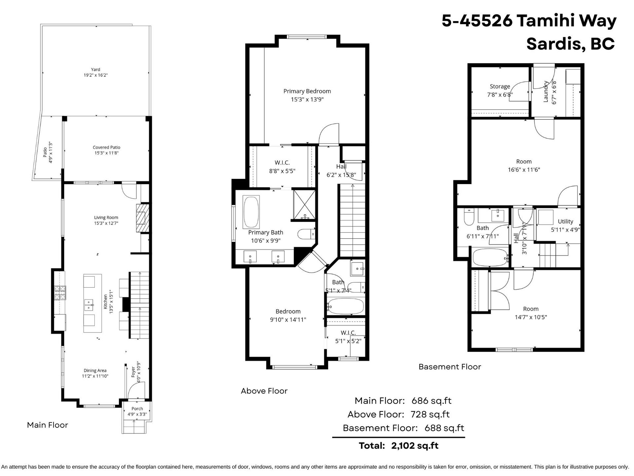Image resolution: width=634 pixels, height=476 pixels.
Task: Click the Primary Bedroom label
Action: tap(307, 91)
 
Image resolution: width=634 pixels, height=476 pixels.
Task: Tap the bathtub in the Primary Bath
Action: tap(251, 212)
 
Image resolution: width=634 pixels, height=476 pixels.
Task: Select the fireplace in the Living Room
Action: tap(143, 218)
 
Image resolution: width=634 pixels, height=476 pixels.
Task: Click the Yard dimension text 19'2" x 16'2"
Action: tap(96, 75)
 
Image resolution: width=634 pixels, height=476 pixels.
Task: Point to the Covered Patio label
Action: tap(106, 147)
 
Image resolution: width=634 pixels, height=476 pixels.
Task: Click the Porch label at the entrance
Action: tap(137, 409)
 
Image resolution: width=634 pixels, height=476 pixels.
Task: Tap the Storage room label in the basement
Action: tap(500, 86)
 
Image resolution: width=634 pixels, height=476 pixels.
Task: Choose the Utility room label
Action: tap(565, 221)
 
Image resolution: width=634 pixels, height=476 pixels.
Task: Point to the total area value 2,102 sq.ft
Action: tap(415, 446)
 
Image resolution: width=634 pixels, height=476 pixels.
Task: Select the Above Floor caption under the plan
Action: tap(264, 391)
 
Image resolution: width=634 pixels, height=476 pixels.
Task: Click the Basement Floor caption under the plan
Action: tap(450, 367)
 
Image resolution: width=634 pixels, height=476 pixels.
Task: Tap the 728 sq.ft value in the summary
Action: tap(430, 415)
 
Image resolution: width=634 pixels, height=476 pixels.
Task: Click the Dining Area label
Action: tap(95, 371)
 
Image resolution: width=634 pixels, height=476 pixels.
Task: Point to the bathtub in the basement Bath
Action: tap(490, 257)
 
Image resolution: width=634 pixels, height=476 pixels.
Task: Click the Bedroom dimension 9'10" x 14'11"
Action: tap(288, 320)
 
